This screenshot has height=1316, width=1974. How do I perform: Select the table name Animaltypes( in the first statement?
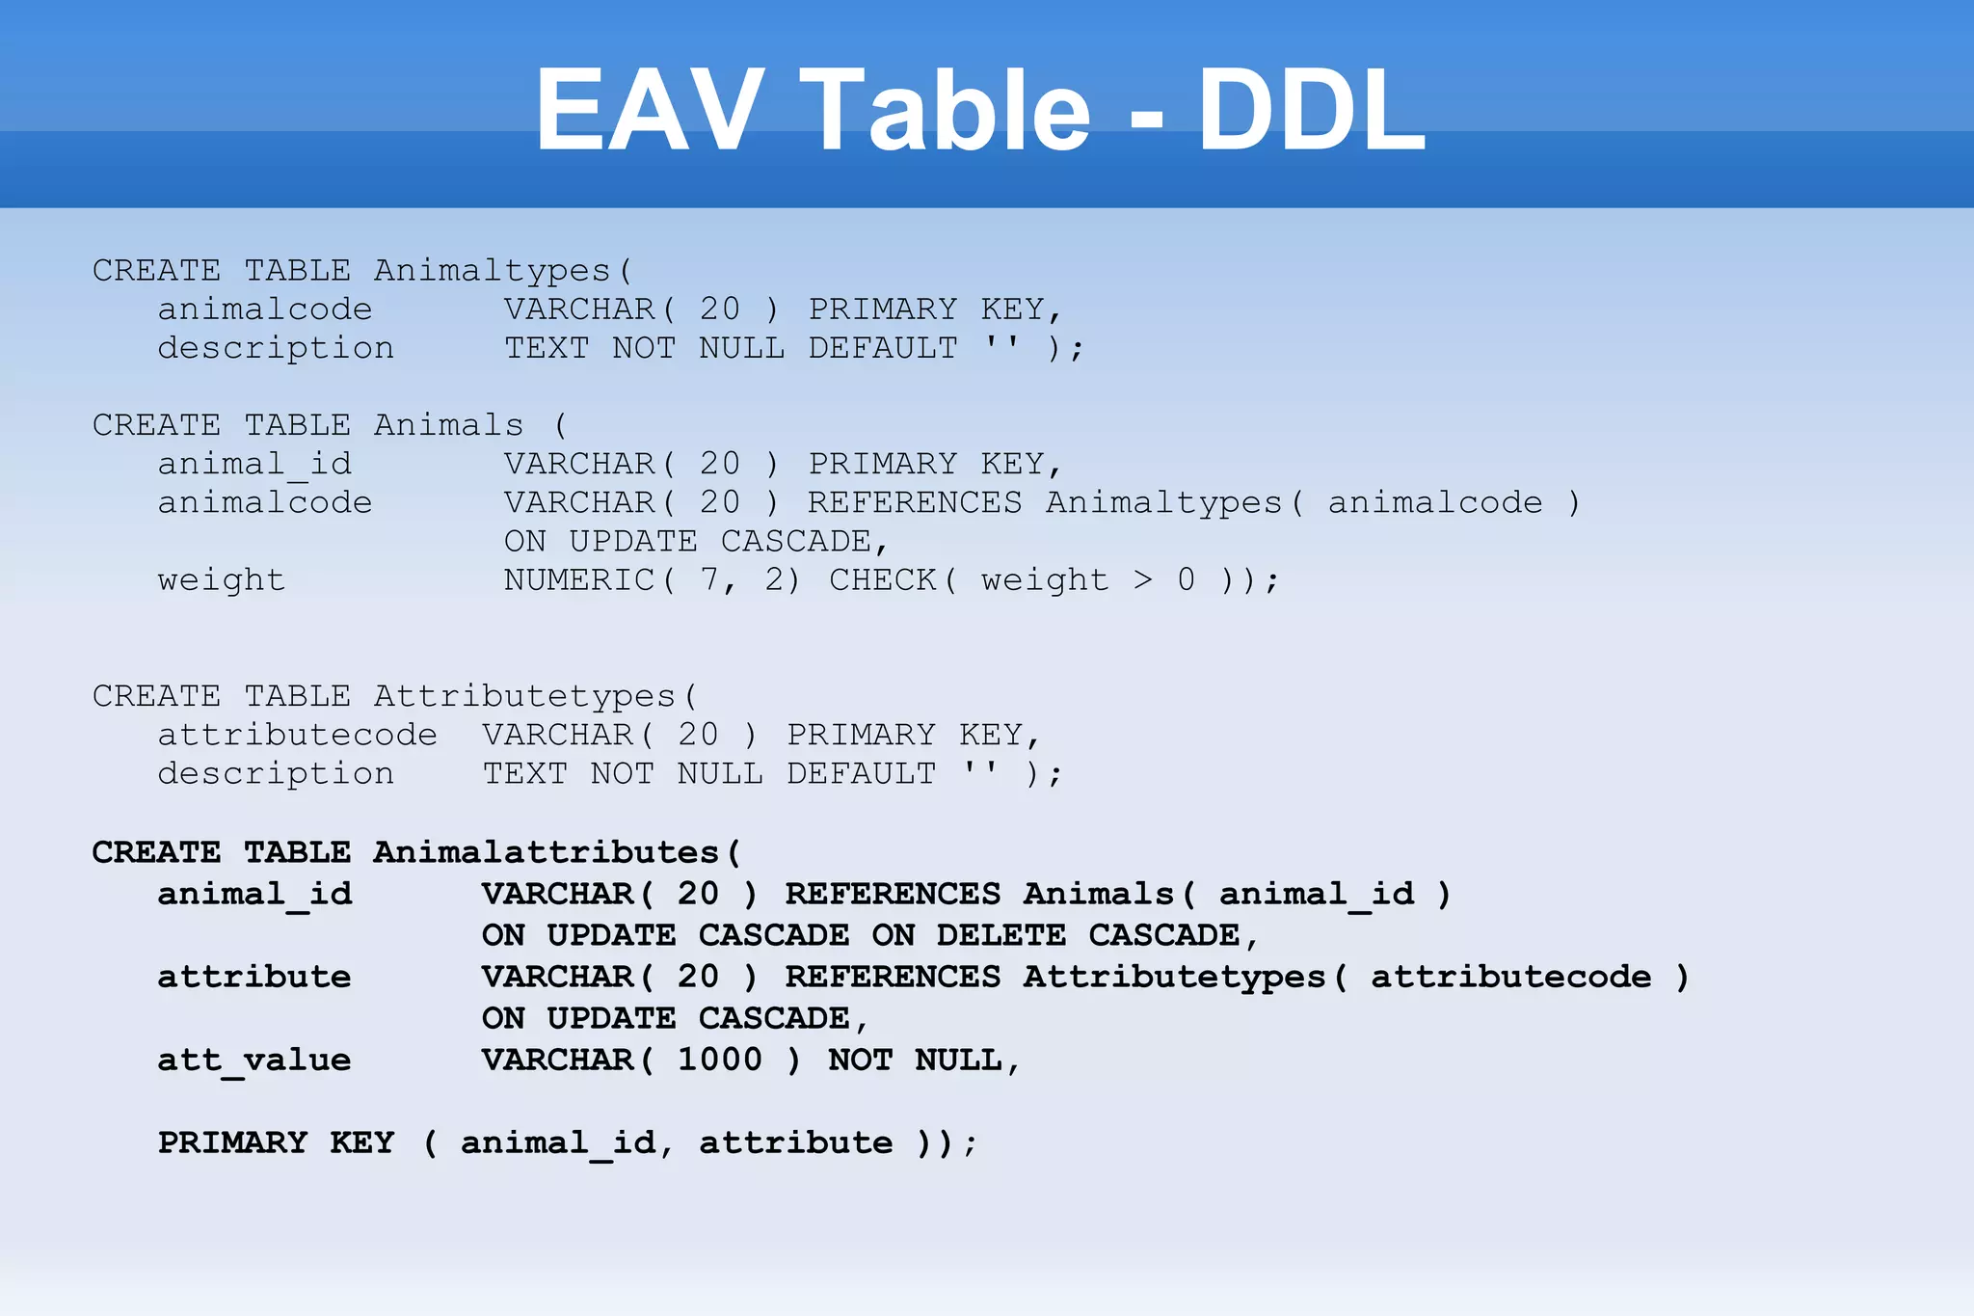(x=503, y=271)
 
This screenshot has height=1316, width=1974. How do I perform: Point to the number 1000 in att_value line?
(x=719, y=1061)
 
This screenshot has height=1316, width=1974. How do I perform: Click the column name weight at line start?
(x=222, y=580)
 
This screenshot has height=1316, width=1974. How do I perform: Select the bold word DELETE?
(x=1000, y=935)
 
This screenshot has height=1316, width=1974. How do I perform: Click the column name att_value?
(x=254, y=1061)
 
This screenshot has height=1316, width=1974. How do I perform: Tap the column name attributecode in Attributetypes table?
(x=297, y=736)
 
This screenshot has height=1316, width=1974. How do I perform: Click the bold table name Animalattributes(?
(x=557, y=852)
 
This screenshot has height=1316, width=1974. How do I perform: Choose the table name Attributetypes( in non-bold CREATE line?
(x=536, y=696)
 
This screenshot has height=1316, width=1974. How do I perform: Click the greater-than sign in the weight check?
(x=1143, y=580)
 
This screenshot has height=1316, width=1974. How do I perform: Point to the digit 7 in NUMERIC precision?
(x=710, y=580)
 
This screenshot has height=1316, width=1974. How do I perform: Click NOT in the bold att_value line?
(x=860, y=1061)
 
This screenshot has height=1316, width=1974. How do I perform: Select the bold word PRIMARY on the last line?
(x=232, y=1143)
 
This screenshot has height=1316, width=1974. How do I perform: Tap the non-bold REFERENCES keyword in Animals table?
(x=914, y=503)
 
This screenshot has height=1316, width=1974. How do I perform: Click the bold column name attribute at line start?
(x=254, y=978)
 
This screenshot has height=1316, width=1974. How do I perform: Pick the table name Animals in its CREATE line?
(x=449, y=425)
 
